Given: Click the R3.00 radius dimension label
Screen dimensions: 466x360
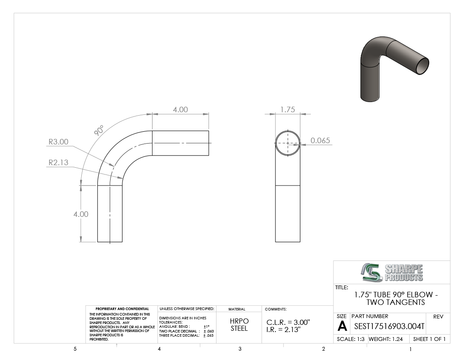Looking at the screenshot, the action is point(58,142).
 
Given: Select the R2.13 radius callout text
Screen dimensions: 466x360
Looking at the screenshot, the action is point(58,163).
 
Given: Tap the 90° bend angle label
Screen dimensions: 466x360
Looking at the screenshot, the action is point(99,130).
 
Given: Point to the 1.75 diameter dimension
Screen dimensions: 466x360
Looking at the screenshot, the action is point(288,110).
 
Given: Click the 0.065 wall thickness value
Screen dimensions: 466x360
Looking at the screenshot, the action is point(320,141).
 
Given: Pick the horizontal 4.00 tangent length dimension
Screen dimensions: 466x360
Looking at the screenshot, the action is point(180,110).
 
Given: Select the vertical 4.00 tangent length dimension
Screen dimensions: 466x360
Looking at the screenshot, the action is point(81,214).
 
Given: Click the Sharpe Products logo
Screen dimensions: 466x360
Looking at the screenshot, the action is point(392,272).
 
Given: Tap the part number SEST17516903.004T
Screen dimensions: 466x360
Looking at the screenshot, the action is point(389,327).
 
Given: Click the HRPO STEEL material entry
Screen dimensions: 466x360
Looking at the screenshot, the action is point(239,325).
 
